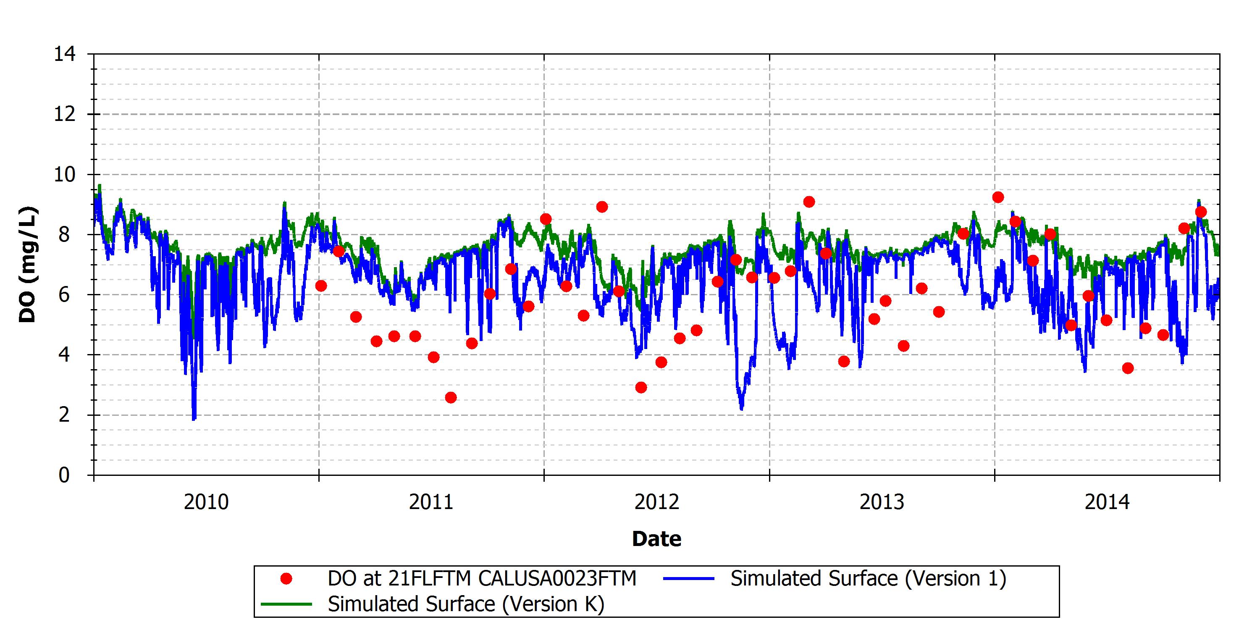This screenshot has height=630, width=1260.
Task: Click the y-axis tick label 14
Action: coord(65,54)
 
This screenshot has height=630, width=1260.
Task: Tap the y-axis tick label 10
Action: coord(65,174)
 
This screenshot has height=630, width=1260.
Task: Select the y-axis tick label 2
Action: coord(65,415)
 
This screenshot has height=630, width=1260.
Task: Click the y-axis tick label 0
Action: coord(65,475)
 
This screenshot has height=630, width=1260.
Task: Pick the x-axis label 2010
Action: coord(206,502)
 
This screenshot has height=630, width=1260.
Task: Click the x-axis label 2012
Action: coord(656,502)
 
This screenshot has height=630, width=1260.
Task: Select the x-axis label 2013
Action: coord(882,502)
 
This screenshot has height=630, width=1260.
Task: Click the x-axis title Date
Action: coord(656,539)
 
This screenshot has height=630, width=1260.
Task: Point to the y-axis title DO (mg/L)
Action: coord(27,265)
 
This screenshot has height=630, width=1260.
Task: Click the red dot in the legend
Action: coord(286,579)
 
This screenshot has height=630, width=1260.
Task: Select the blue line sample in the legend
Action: coord(689,579)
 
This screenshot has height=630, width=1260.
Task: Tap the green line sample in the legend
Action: coord(286,604)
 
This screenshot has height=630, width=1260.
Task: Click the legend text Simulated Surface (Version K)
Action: coord(466,604)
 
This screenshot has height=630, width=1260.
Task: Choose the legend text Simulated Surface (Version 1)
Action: coord(869,579)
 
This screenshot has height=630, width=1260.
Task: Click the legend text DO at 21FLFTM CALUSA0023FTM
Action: coord(482,579)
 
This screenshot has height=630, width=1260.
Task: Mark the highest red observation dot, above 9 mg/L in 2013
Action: coord(998,197)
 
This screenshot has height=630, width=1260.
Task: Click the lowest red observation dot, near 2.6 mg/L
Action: coord(451,398)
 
